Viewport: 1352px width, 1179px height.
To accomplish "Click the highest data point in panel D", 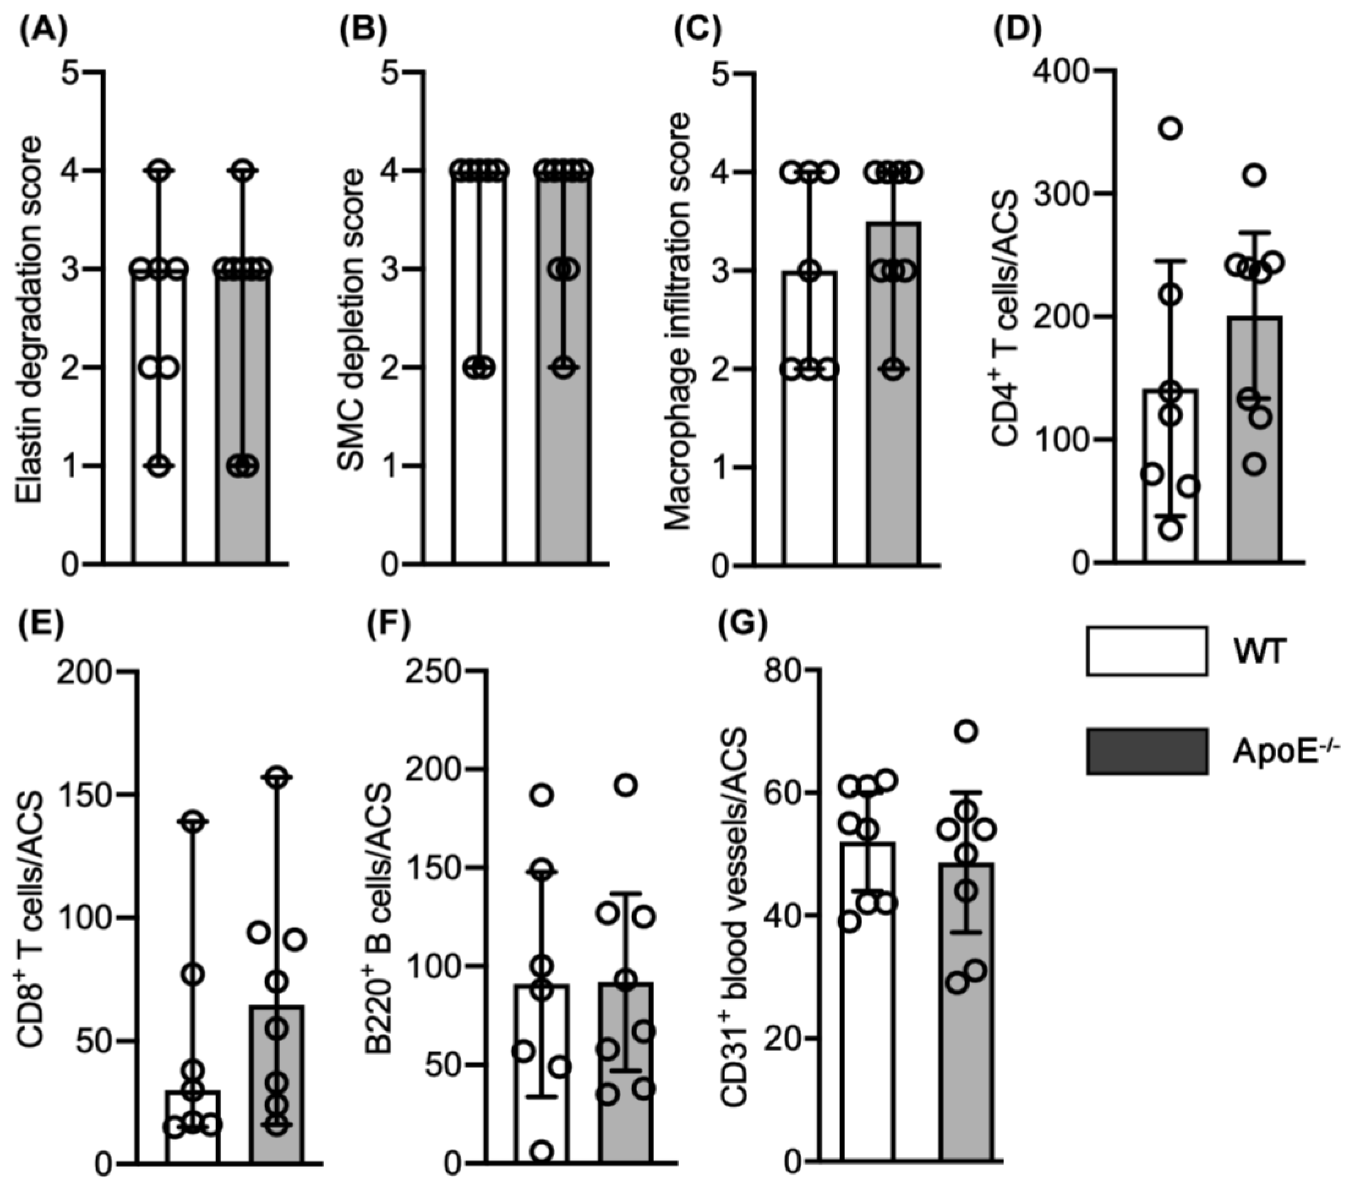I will tap(1171, 128).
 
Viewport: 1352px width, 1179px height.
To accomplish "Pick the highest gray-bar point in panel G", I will tap(967, 731).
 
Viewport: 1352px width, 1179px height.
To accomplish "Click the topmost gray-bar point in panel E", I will tap(277, 776).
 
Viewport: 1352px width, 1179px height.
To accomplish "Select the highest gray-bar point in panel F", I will tap(626, 785).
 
